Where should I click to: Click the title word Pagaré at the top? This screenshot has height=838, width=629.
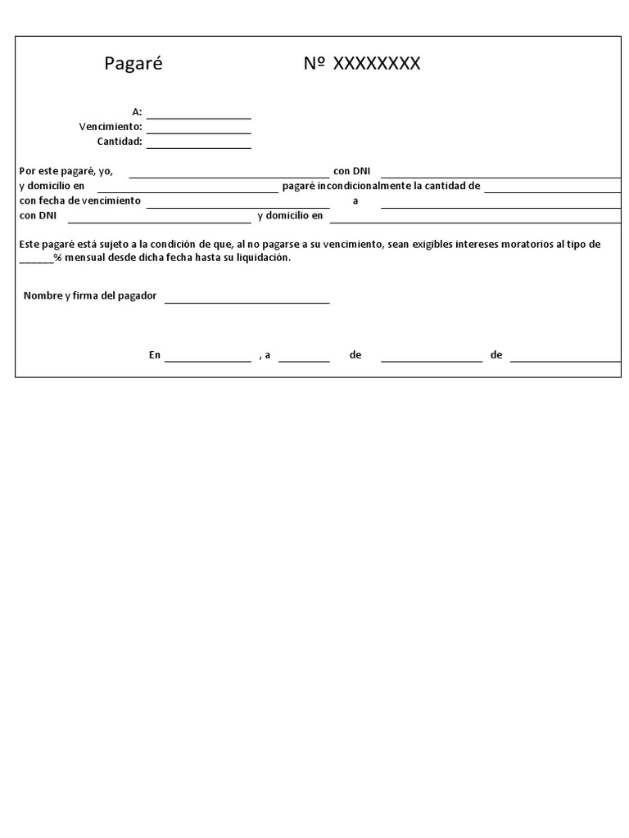tap(133, 64)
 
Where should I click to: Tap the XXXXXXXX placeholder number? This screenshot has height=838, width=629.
tap(376, 64)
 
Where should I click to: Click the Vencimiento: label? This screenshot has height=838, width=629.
tap(111, 127)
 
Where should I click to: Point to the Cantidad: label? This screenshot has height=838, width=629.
tap(120, 142)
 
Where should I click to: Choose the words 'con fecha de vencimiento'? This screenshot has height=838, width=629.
tap(80, 200)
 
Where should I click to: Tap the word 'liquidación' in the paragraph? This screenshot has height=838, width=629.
tap(262, 257)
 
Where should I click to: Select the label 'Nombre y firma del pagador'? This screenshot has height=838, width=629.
tap(90, 295)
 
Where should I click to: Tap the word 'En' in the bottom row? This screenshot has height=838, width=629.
tap(155, 355)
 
